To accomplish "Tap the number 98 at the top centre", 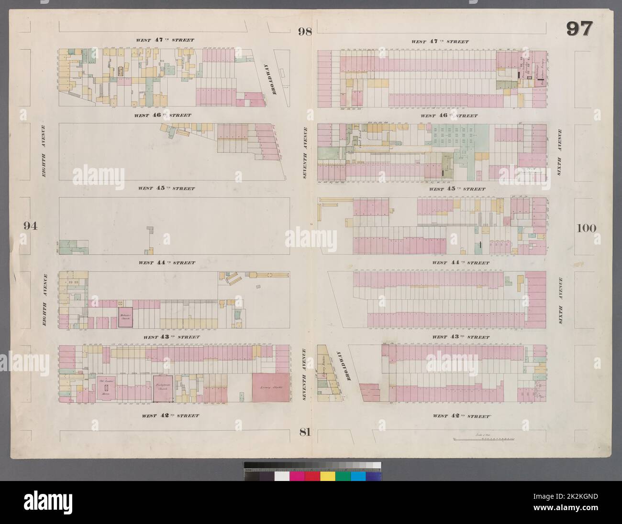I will point(305,32).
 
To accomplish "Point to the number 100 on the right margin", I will point(586,228).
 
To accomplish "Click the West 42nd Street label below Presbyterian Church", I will point(170,416).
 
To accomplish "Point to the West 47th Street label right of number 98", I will point(440,42).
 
